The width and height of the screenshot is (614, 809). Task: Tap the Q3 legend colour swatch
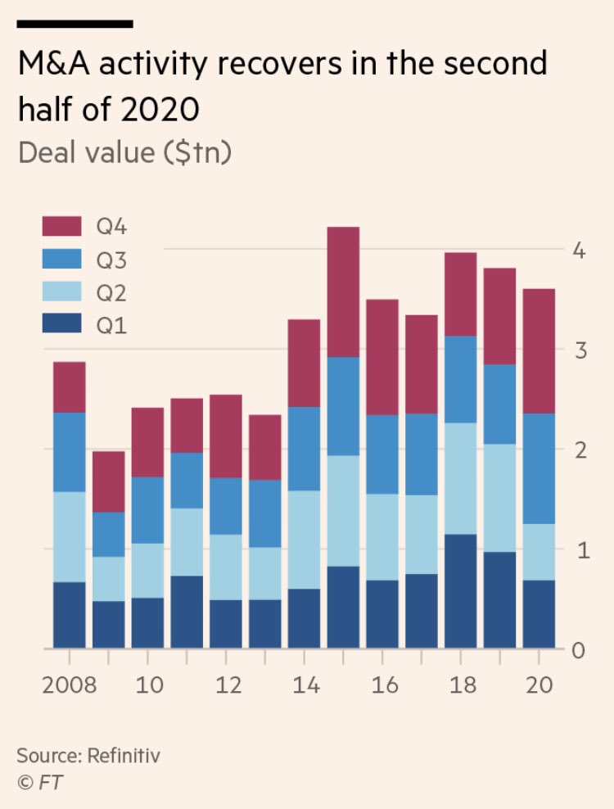[61, 260]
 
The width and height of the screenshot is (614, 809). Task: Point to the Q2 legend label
[112, 292]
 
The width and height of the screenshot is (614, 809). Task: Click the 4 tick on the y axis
[578, 250]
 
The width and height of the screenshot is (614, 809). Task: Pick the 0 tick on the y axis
[578, 651]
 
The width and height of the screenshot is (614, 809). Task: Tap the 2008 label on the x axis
[69, 685]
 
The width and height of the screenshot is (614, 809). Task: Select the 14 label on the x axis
[304, 685]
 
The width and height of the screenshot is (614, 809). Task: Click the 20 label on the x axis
[539, 685]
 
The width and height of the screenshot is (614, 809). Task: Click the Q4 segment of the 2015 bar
[343, 292]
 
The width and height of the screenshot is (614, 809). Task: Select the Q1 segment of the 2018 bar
[460, 591]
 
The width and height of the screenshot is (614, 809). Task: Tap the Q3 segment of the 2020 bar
[539, 468]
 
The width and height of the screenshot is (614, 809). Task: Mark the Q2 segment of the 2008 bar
[69, 537]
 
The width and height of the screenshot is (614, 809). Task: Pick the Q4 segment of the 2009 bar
[108, 481]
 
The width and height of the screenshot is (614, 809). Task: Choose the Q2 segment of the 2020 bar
[539, 552]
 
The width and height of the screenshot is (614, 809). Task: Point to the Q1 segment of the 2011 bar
[187, 612]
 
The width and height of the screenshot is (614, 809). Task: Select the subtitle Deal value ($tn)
[124, 152]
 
